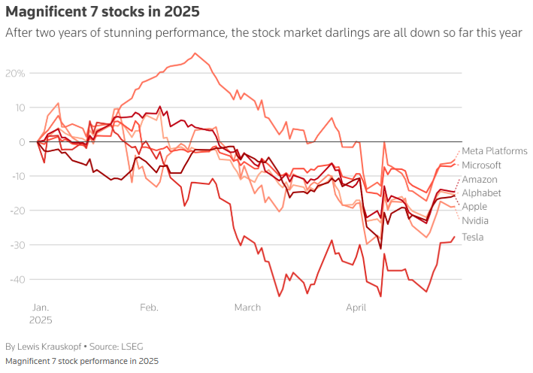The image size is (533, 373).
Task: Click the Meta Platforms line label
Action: click(494, 151)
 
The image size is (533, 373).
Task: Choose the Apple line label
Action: click(474, 207)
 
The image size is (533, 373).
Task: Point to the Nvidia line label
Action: click(475, 221)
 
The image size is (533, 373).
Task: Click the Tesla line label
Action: click(473, 238)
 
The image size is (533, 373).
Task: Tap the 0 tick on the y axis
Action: click(23, 142)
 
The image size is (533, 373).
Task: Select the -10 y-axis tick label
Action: click(18, 177)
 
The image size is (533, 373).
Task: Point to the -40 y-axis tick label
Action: click(17, 280)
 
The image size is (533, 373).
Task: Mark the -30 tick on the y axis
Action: click(17, 245)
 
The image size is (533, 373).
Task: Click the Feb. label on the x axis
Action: click(148, 308)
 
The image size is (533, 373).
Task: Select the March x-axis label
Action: click(247, 308)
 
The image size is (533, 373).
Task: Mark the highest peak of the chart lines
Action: click(195, 53)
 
